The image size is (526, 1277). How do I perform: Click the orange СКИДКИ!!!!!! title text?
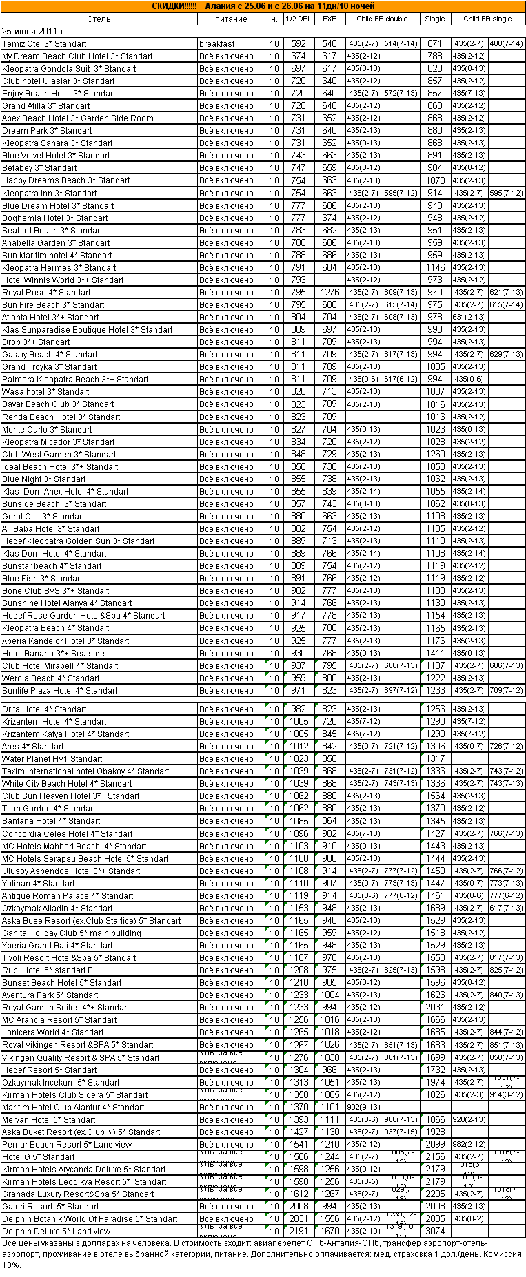coord(174,6)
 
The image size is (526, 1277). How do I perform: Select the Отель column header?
coord(99,19)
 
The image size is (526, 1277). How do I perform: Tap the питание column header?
coord(231,19)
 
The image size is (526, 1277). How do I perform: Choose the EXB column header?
coord(330,19)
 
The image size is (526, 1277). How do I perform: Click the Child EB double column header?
coord(382,19)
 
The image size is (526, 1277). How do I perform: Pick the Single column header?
coord(435,19)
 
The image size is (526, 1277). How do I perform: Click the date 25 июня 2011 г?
coord(34,32)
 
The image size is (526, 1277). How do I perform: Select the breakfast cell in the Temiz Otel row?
coord(217,44)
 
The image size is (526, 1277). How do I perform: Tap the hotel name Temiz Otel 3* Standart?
coord(44,44)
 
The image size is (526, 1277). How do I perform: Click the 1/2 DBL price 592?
coord(299,44)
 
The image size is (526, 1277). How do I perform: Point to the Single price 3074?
coord(435,1231)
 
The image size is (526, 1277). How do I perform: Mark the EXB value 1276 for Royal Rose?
coord(330,293)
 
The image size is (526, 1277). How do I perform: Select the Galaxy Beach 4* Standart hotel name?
coord(50,355)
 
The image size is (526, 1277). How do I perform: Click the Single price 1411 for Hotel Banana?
coord(435,654)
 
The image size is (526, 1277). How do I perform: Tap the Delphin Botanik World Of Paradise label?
coord(90,1218)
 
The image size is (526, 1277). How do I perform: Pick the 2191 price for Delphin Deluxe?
coord(299,1231)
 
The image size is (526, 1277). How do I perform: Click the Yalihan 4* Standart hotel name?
coord(39,884)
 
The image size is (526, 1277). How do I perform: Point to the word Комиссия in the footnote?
coord(505,1254)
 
